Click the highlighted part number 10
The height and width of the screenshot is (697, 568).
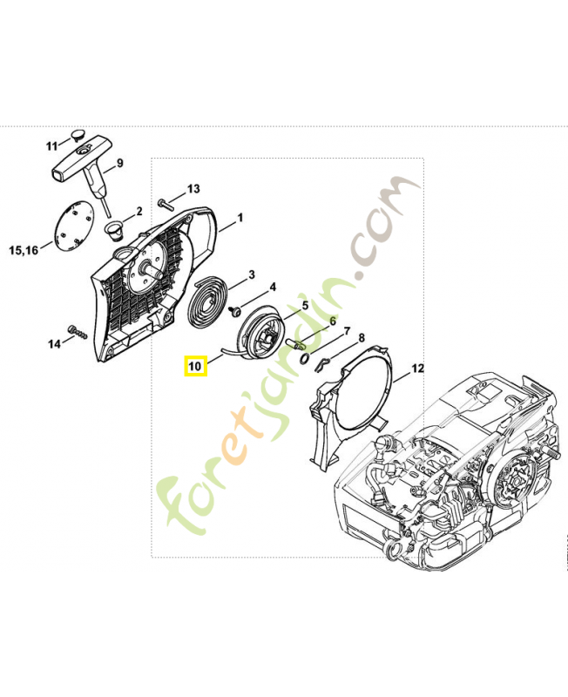[x=195, y=366]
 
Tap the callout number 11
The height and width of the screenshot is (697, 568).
[x=52, y=145]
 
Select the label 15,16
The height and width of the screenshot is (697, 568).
[x=24, y=250]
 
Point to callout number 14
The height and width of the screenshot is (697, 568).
[x=54, y=343]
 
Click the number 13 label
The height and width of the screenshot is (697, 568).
[x=193, y=189]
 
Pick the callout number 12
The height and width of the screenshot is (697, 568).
[x=418, y=369]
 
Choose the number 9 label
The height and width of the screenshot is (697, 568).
[x=119, y=163]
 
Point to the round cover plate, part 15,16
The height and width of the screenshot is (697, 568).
[x=74, y=223]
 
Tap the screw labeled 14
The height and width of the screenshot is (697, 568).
[x=78, y=332]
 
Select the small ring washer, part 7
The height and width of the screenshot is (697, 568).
[x=306, y=358]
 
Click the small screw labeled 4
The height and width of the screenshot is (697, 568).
[x=233, y=311]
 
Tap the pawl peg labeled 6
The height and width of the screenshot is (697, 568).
[x=295, y=343]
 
